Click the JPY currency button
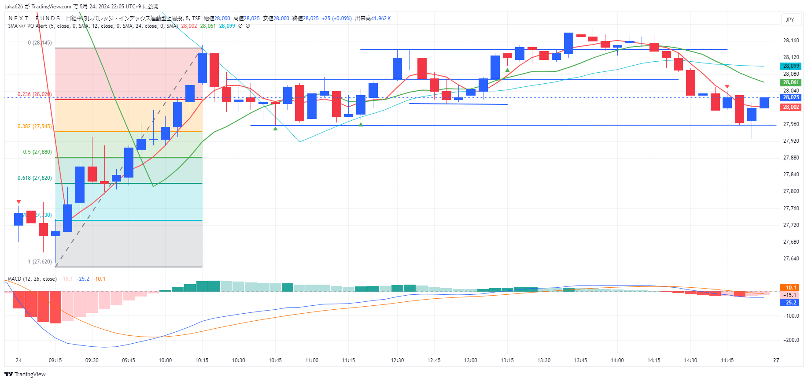[x=790, y=19]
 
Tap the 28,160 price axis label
[x=791, y=41]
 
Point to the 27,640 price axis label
[x=791, y=259]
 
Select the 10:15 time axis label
[x=202, y=360]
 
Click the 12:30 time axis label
[x=397, y=360]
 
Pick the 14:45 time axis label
[x=727, y=360]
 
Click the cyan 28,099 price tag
[x=791, y=66]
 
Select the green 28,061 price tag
[x=791, y=82]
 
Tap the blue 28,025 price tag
[x=791, y=97]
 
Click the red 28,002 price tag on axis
[x=791, y=107]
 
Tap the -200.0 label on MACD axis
[x=791, y=340]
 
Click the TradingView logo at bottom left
[x=25, y=374]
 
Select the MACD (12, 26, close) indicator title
[x=32, y=279]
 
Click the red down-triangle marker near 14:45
[x=727, y=87]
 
